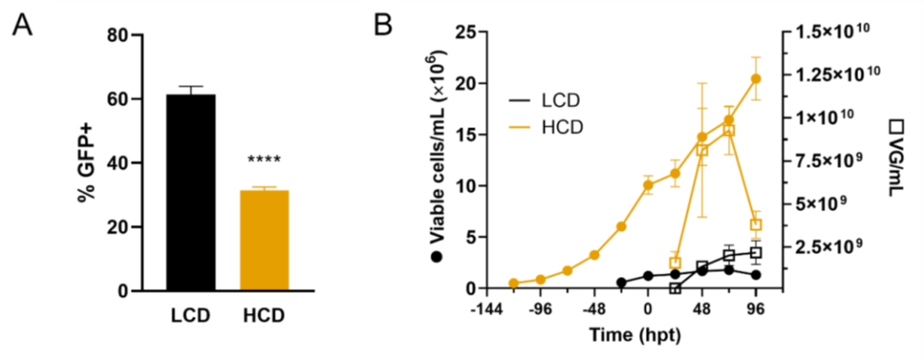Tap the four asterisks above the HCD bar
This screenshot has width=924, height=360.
(x=264, y=160)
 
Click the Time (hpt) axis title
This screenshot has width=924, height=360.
(x=635, y=335)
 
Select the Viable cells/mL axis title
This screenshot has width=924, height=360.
(x=445, y=162)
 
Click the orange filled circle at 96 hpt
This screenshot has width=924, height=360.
(x=756, y=79)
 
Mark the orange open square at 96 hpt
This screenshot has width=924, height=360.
(x=756, y=224)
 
